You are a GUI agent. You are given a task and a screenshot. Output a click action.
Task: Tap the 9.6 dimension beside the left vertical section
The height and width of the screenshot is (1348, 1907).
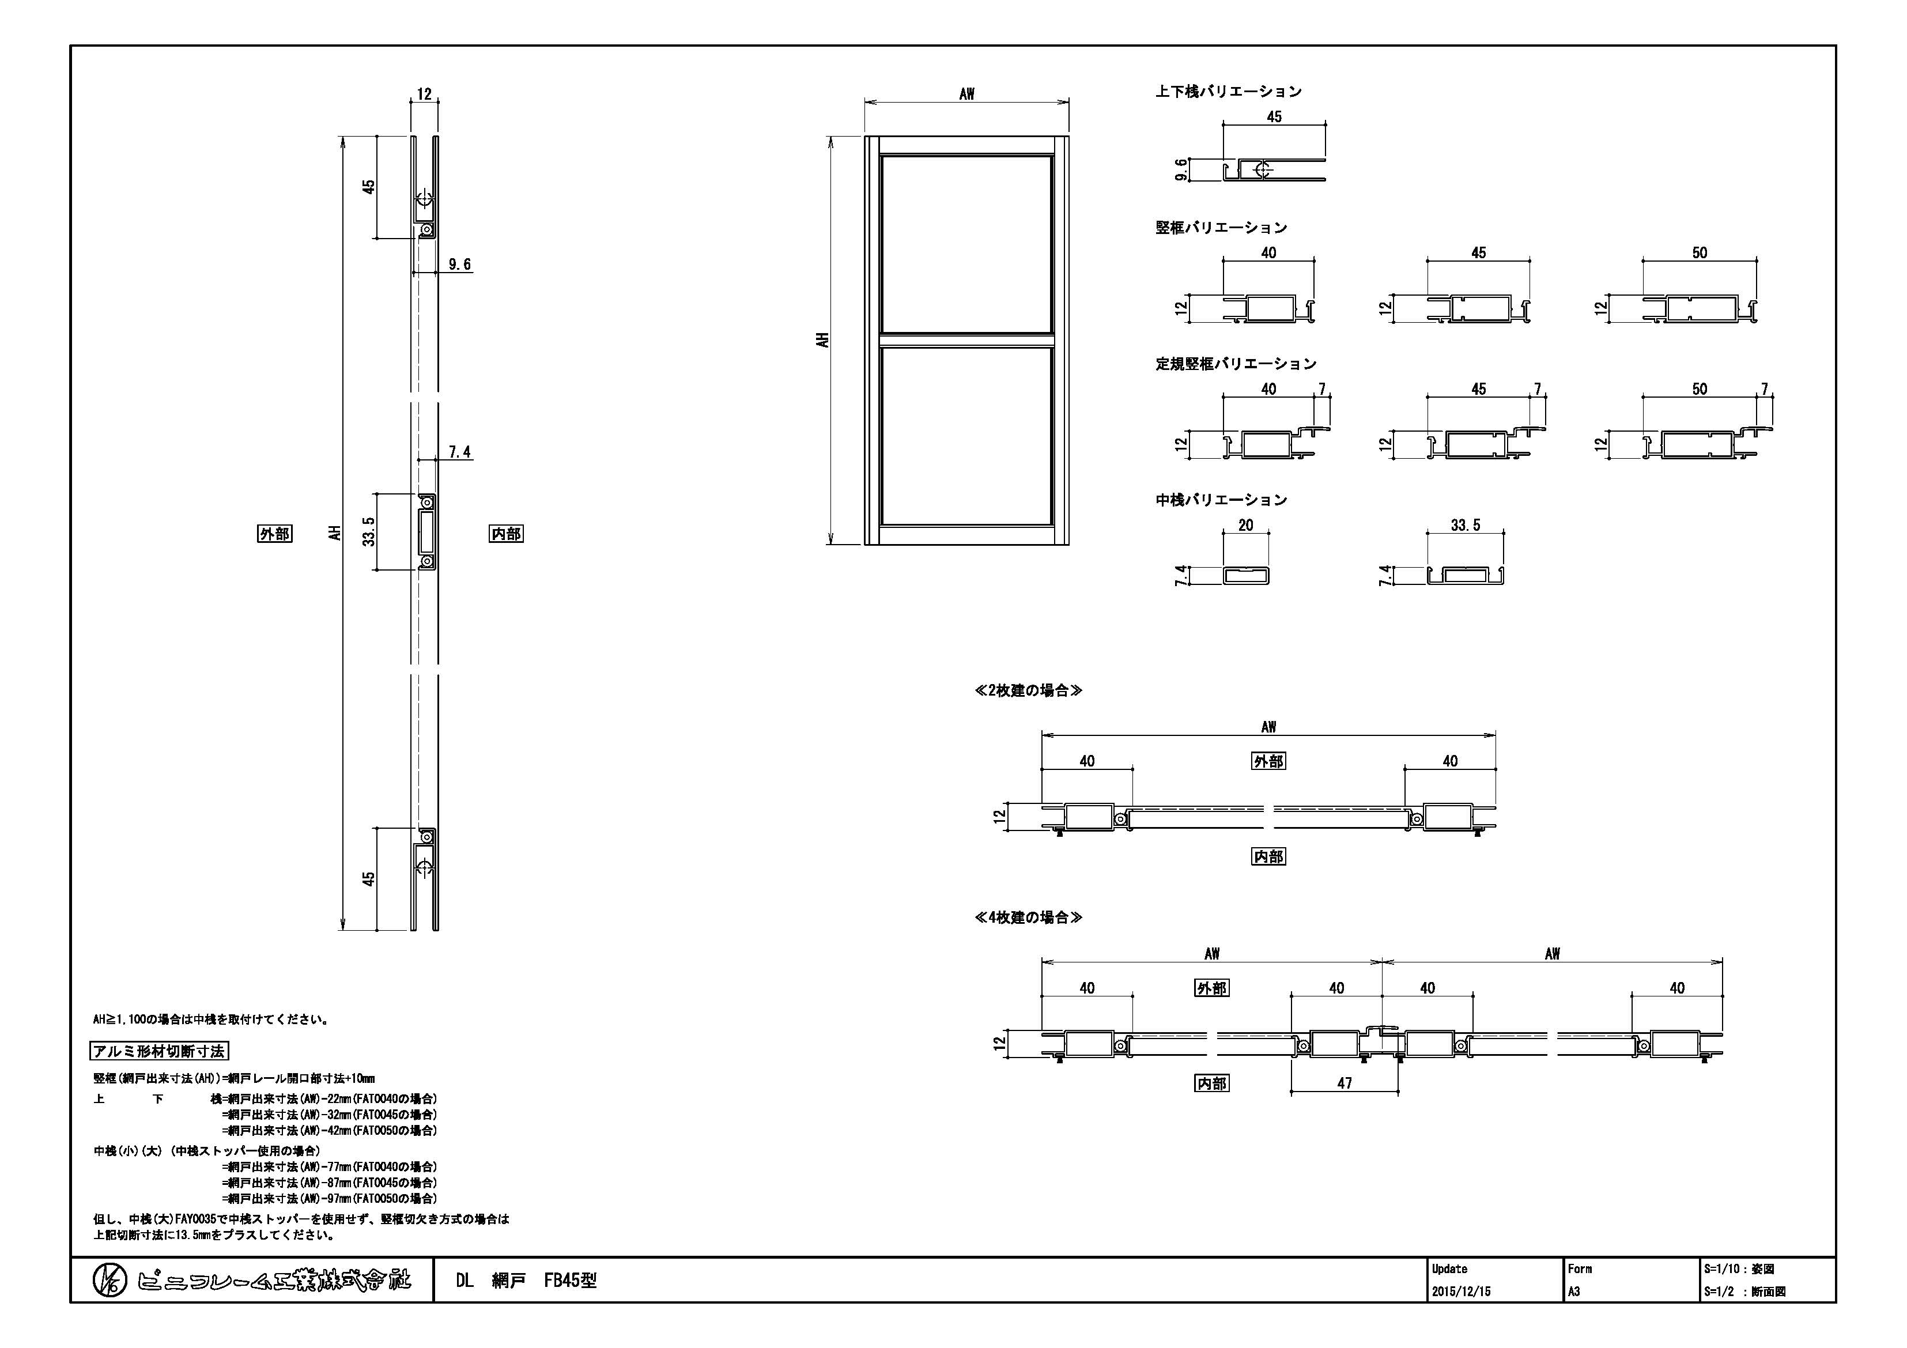[459, 264]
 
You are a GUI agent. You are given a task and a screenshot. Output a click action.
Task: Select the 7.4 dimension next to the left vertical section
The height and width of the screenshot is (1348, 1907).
[459, 452]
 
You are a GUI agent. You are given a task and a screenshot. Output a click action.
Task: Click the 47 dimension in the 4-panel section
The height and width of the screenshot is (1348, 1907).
[1345, 1083]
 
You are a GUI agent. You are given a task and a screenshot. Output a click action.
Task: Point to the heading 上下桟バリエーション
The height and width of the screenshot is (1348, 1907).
[1229, 92]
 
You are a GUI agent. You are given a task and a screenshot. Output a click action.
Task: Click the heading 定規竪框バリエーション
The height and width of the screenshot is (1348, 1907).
[1236, 364]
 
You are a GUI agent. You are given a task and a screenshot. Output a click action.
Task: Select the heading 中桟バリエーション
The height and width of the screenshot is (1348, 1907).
[1221, 500]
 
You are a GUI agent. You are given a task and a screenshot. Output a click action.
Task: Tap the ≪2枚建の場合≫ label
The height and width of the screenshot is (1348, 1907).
[1028, 690]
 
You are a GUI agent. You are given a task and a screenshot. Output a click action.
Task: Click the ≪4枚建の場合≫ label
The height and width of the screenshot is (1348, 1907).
[1028, 917]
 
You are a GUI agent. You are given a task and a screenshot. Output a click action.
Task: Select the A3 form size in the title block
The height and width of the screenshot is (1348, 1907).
[1574, 1292]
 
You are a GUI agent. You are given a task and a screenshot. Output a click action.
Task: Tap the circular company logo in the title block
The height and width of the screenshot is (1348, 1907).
[109, 1281]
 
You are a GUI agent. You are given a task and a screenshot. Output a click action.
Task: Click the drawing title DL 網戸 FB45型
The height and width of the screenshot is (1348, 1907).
[526, 1281]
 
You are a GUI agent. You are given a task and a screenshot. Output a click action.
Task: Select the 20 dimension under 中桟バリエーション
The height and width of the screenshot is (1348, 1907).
[1246, 525]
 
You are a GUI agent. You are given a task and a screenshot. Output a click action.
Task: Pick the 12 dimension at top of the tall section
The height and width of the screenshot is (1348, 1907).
[424, 95]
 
